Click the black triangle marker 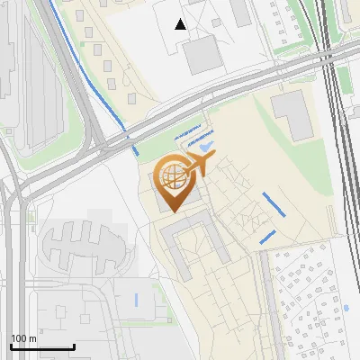click(181, 24)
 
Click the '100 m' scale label click(23, 338)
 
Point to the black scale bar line click(41, 347)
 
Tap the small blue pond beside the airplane click(206, 145)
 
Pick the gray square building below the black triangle click(202, 56)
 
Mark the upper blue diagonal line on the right click(274, 203)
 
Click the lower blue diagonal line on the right click(267, 237)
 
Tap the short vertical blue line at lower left click(137, 298)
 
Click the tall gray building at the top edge click(240, 12)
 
